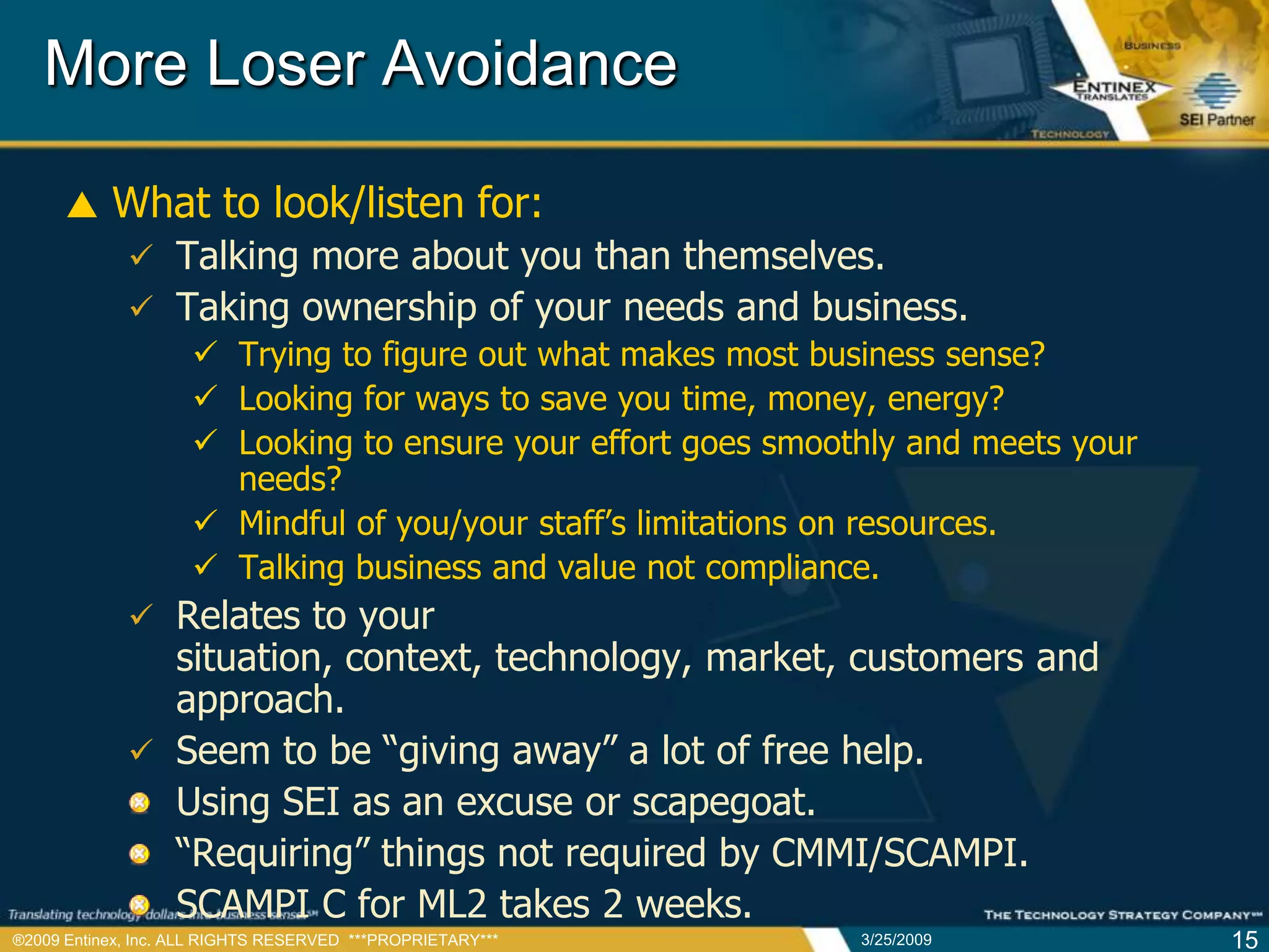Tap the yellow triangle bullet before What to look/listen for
click(82, 205)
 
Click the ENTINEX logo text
click(1114, 87)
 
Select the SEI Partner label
click(1216, 120)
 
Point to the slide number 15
click(1244, 940)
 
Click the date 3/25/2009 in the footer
click(896, 940)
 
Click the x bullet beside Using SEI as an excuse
click(140, 803)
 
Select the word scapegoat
click(722, 803)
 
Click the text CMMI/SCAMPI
click(899, 853)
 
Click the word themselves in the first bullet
click(783, 256)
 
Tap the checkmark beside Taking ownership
click(141, 307)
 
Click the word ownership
click(389, 308)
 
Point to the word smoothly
click(828, 444)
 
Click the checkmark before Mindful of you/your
click(205, 521)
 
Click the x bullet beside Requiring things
click(140, 853)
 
